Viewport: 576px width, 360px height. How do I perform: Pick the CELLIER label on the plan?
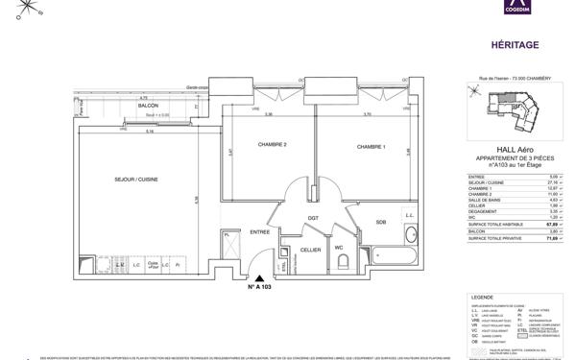309,250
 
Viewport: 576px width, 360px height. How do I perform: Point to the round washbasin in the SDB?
412,233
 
